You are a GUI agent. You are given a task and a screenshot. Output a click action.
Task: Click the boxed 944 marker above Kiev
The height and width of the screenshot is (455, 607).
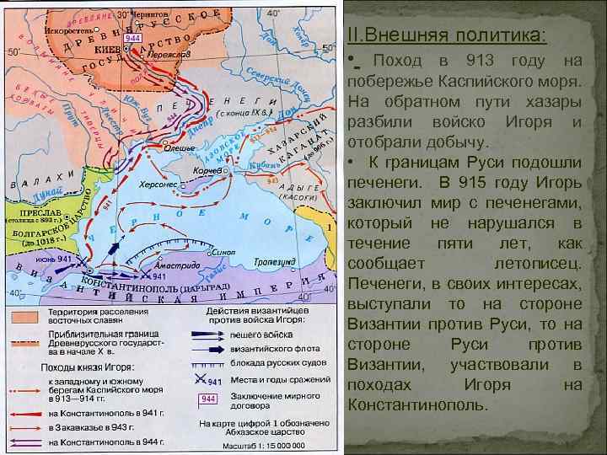click(x=132, y=38)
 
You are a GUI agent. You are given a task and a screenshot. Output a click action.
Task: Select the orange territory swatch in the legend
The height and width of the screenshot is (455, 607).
click(x=24, y=316)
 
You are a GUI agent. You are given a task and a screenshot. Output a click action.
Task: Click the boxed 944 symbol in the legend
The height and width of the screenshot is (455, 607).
click(x=211, y=397)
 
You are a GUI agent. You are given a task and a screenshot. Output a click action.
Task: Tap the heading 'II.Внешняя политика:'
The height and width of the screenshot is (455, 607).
click(x=446, y=35)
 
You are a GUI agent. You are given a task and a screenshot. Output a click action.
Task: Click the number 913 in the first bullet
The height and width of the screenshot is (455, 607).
click(x=480, y=62)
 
